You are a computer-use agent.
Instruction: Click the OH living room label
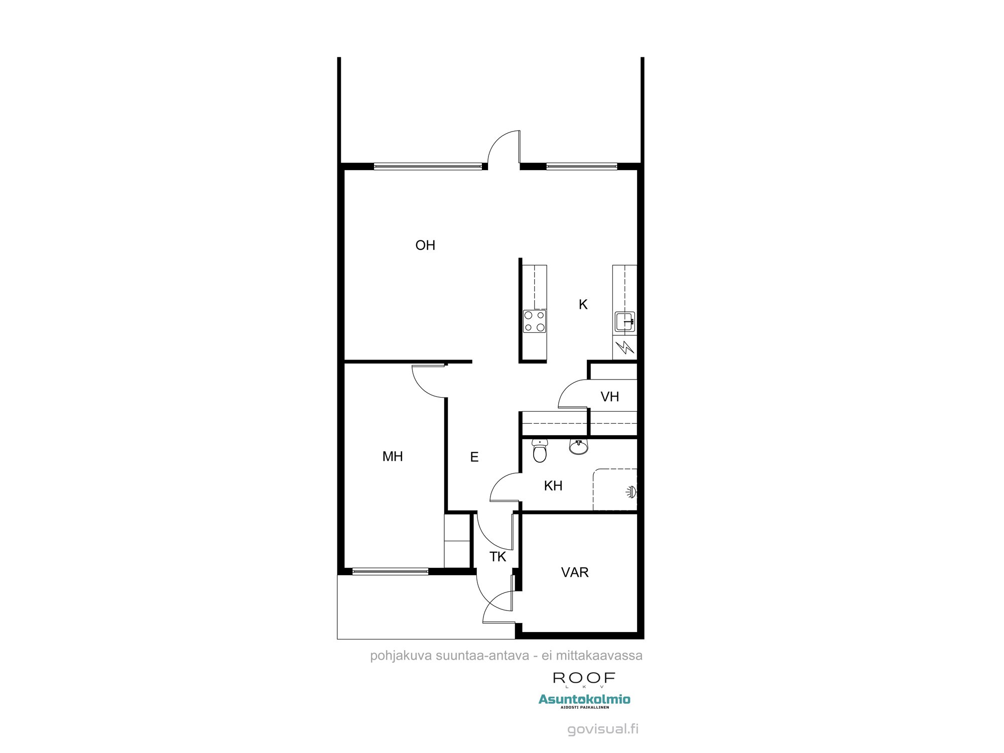(425, 245)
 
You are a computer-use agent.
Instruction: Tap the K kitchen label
(583, 305)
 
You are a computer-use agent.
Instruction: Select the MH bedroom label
(393, 456)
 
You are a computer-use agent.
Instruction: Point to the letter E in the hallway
(474, 457)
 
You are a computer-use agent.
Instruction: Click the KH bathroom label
(553, 486)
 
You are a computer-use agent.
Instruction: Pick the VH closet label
(610, 397)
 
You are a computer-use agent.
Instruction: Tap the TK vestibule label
(498, 557)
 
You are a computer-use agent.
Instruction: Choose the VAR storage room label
(575, 572)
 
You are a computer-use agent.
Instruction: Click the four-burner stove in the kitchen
(534, 321)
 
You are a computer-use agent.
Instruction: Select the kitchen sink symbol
(625, 322)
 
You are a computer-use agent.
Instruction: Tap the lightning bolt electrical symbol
(625, 347)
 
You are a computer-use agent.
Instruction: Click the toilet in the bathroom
(540, 451)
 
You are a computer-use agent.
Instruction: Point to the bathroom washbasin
(579, 446)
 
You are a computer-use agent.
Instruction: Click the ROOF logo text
(584, 678)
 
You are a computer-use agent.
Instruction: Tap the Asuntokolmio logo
(584, 699)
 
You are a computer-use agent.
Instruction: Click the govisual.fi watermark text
(603, 729)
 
